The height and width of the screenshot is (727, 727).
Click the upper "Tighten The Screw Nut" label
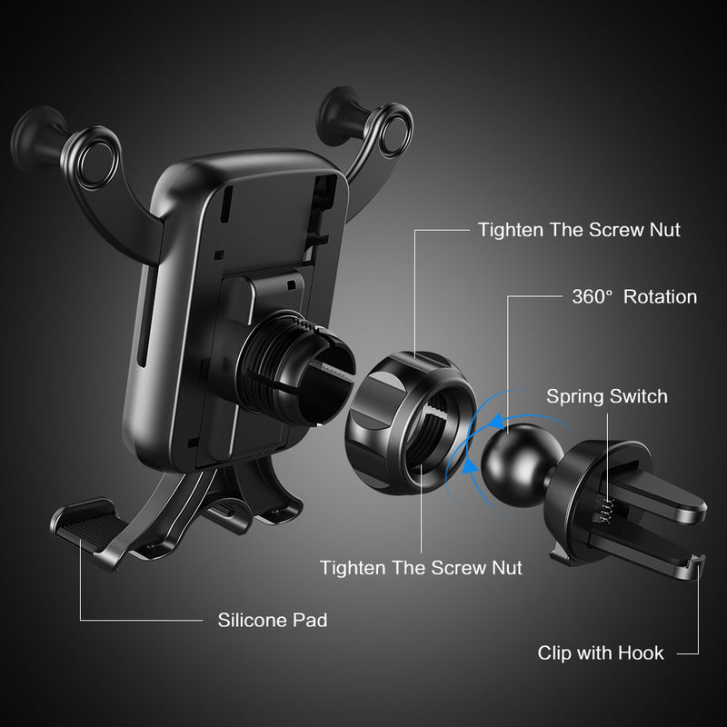point(579,231)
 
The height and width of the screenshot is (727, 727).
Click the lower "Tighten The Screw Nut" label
point(421,568)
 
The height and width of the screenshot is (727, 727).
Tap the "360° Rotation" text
point(634,297)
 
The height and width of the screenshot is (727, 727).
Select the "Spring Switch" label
point(606,396)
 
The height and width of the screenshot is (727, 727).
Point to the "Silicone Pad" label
point(273,621)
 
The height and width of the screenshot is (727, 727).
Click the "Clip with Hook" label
point(601,652)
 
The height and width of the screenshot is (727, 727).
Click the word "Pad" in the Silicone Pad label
point(311,621)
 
